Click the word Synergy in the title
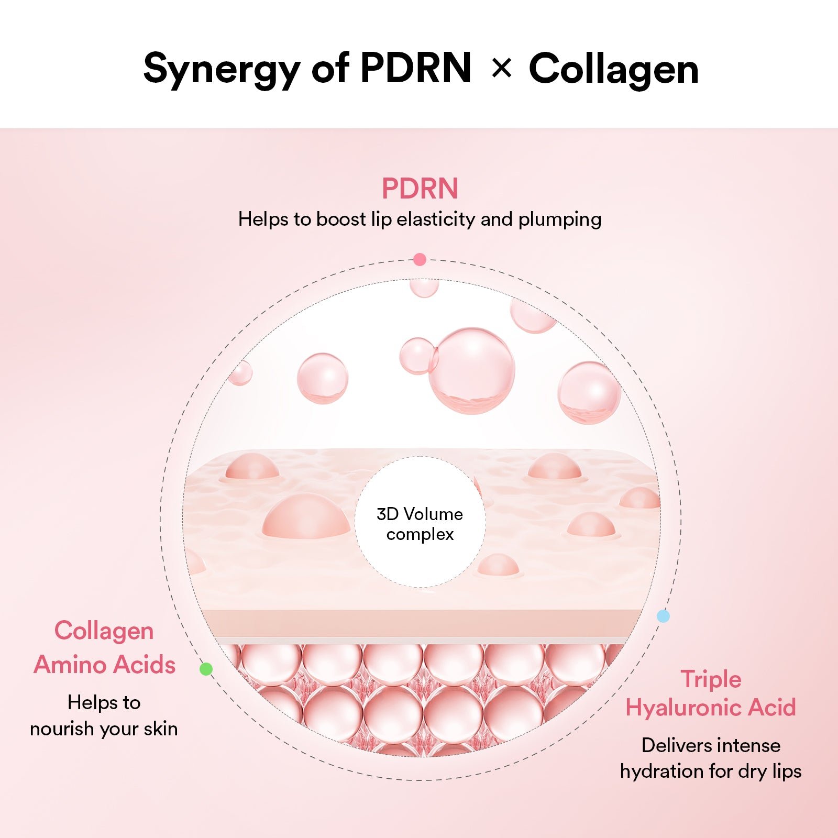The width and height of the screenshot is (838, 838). pyautogui.click(x=222, y=69)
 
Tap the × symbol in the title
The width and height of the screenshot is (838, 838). pyautogui.click(x=501, y=69)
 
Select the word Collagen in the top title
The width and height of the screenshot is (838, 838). pyautogui.click(x=613, y=69)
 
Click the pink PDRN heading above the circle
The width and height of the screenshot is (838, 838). pyautogui.click(x=420, y=189)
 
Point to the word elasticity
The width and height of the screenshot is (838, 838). pyautogui.click(x=436, y=219)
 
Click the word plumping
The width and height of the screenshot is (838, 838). pyautogui.click(x=559, y=219)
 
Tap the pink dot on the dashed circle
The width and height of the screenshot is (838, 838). pyautogui.click(x=420, y=259)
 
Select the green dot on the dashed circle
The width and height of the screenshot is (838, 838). pyautogui.click(x=206, y=669)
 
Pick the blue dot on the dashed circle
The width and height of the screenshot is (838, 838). pyautogui.click(x=663, y=616)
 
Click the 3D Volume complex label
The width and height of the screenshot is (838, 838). pyautogui.click(x=420, y=524)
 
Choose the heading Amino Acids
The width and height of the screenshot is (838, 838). pyautogui.click(x=104, y=665)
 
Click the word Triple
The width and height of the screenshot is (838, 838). pyautogui.click(x=711, y=679)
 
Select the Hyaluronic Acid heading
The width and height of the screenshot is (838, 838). pyautogui.click(x=711, y=708)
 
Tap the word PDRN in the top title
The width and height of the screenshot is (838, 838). pyautogui.click(x=416, y=68)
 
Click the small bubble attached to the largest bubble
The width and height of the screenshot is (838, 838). pyautogui.click(x=417, y=356)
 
